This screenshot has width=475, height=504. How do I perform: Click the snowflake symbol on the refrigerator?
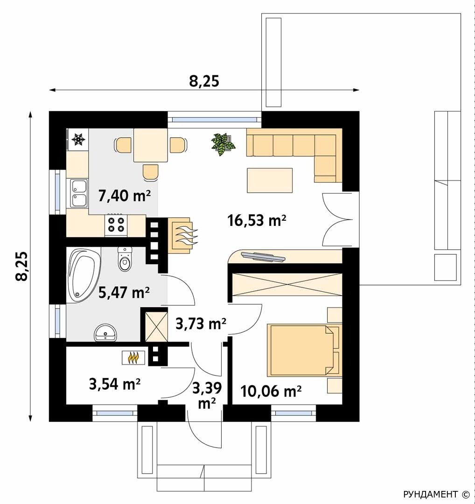78,139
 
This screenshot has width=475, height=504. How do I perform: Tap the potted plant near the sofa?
224,144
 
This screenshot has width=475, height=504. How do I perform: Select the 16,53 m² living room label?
257,220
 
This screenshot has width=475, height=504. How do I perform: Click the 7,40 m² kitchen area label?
125,195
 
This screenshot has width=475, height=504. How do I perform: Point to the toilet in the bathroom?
125,259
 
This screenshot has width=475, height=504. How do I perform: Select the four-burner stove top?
116,224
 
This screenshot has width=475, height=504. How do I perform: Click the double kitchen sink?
79,193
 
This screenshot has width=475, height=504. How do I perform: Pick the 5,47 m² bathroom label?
124,292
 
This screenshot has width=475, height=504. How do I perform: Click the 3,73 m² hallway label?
201,323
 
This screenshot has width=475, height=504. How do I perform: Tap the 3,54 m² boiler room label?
114,384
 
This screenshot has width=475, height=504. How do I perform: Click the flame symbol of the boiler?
133,357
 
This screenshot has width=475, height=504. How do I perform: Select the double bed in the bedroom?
303,350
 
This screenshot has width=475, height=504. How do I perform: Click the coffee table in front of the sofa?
270,180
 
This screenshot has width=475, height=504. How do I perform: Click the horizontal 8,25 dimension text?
204,81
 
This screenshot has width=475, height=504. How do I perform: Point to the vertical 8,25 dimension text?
22,266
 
